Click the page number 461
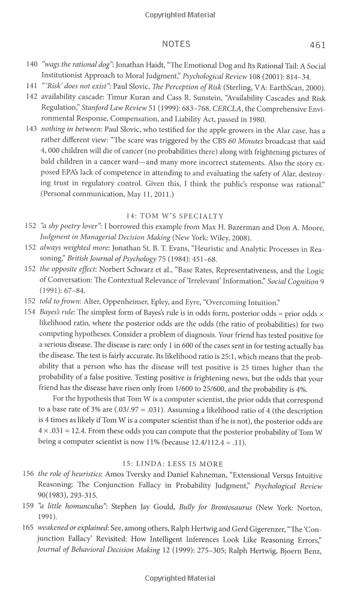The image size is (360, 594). coord(317,44)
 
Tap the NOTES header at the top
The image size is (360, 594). coord(176,44)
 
